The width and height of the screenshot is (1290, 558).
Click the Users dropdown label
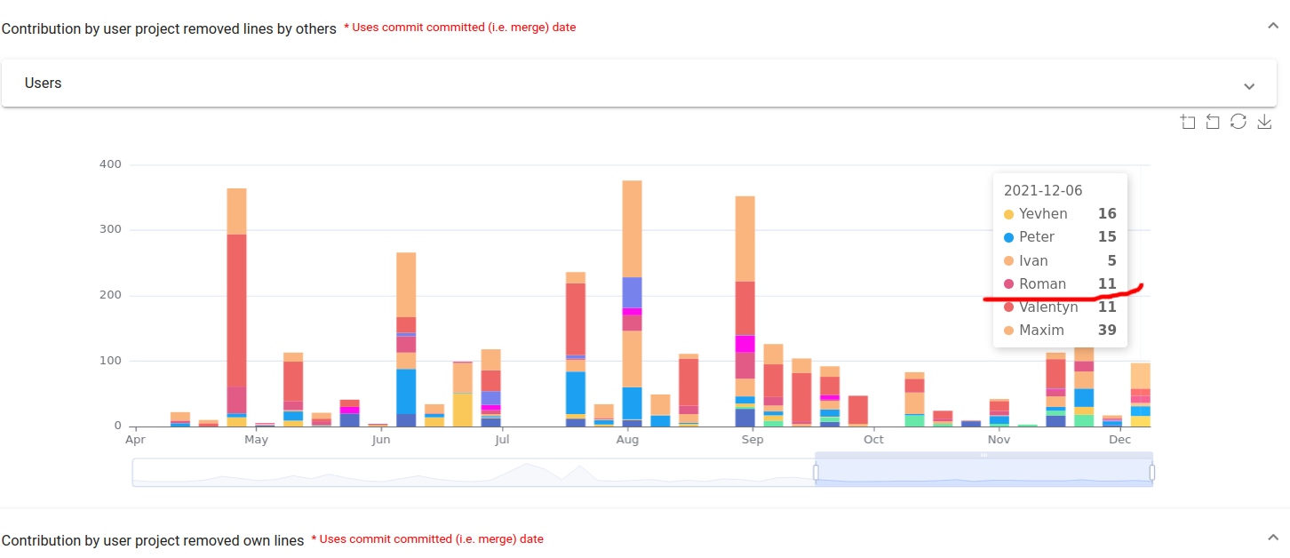coord(44,84)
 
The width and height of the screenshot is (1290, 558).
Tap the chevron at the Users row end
coord(1249,86)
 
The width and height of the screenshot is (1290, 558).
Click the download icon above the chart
coord(1264,122)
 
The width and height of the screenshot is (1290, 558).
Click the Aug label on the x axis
coord(627,440)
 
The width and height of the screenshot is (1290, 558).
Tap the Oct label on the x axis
coord(874,440)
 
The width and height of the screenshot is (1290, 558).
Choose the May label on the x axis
coord(256,440)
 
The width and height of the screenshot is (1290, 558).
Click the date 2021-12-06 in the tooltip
coord(1043,190)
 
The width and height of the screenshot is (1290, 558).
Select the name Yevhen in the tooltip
coord(1043,214)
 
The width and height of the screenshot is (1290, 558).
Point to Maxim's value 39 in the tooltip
coord(1107,331)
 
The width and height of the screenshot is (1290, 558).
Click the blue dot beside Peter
coord(1008,237)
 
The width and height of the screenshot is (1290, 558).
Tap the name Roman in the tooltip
coord(1042,284)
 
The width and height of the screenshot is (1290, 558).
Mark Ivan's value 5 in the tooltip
coord(1111,261)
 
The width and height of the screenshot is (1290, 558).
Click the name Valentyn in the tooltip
coord(1048,307)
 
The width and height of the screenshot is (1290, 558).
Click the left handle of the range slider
coord(816,472)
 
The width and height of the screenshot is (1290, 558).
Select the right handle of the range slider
coord(1152,472)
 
